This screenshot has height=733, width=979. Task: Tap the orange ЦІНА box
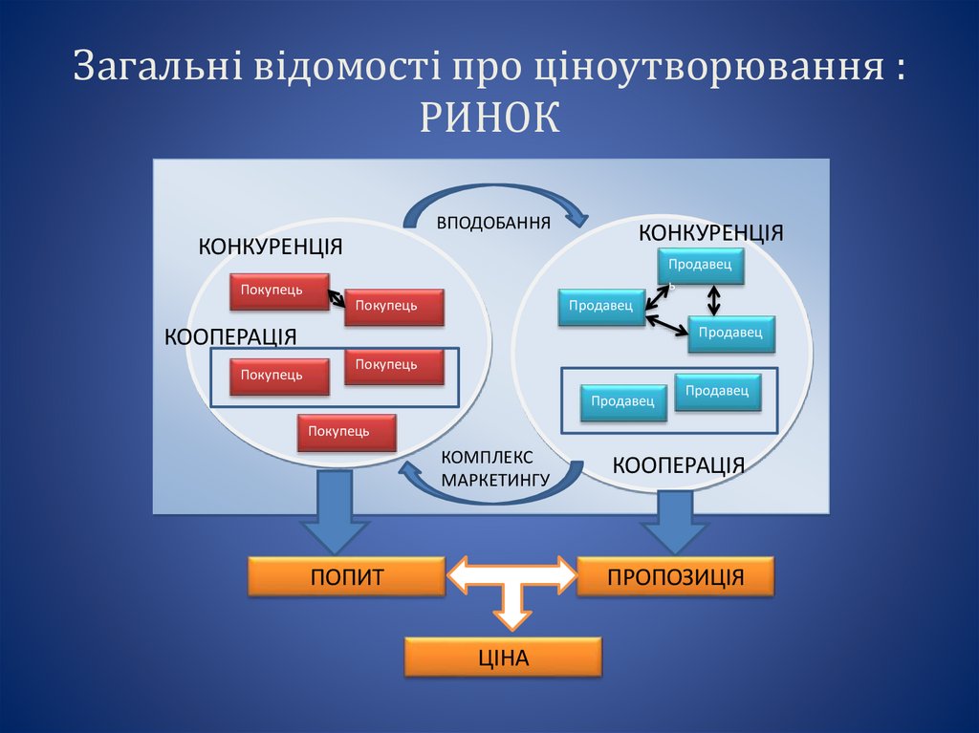[503, 657]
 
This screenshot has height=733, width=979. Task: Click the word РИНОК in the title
[489, 118]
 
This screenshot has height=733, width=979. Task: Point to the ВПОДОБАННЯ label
[493, 224]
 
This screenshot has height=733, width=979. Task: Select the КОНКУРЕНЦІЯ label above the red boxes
[271, 248]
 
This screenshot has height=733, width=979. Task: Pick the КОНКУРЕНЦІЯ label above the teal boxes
[710, 233]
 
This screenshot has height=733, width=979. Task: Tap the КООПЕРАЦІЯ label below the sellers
[678, 465]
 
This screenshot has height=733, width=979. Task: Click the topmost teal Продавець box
[701, 267]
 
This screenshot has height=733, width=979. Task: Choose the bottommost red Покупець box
[346, 432]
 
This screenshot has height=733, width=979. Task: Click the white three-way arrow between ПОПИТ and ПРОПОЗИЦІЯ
[511, 585]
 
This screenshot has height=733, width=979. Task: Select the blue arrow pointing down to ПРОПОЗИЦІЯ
[675, 520]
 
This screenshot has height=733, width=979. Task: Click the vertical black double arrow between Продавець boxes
[714, 300]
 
